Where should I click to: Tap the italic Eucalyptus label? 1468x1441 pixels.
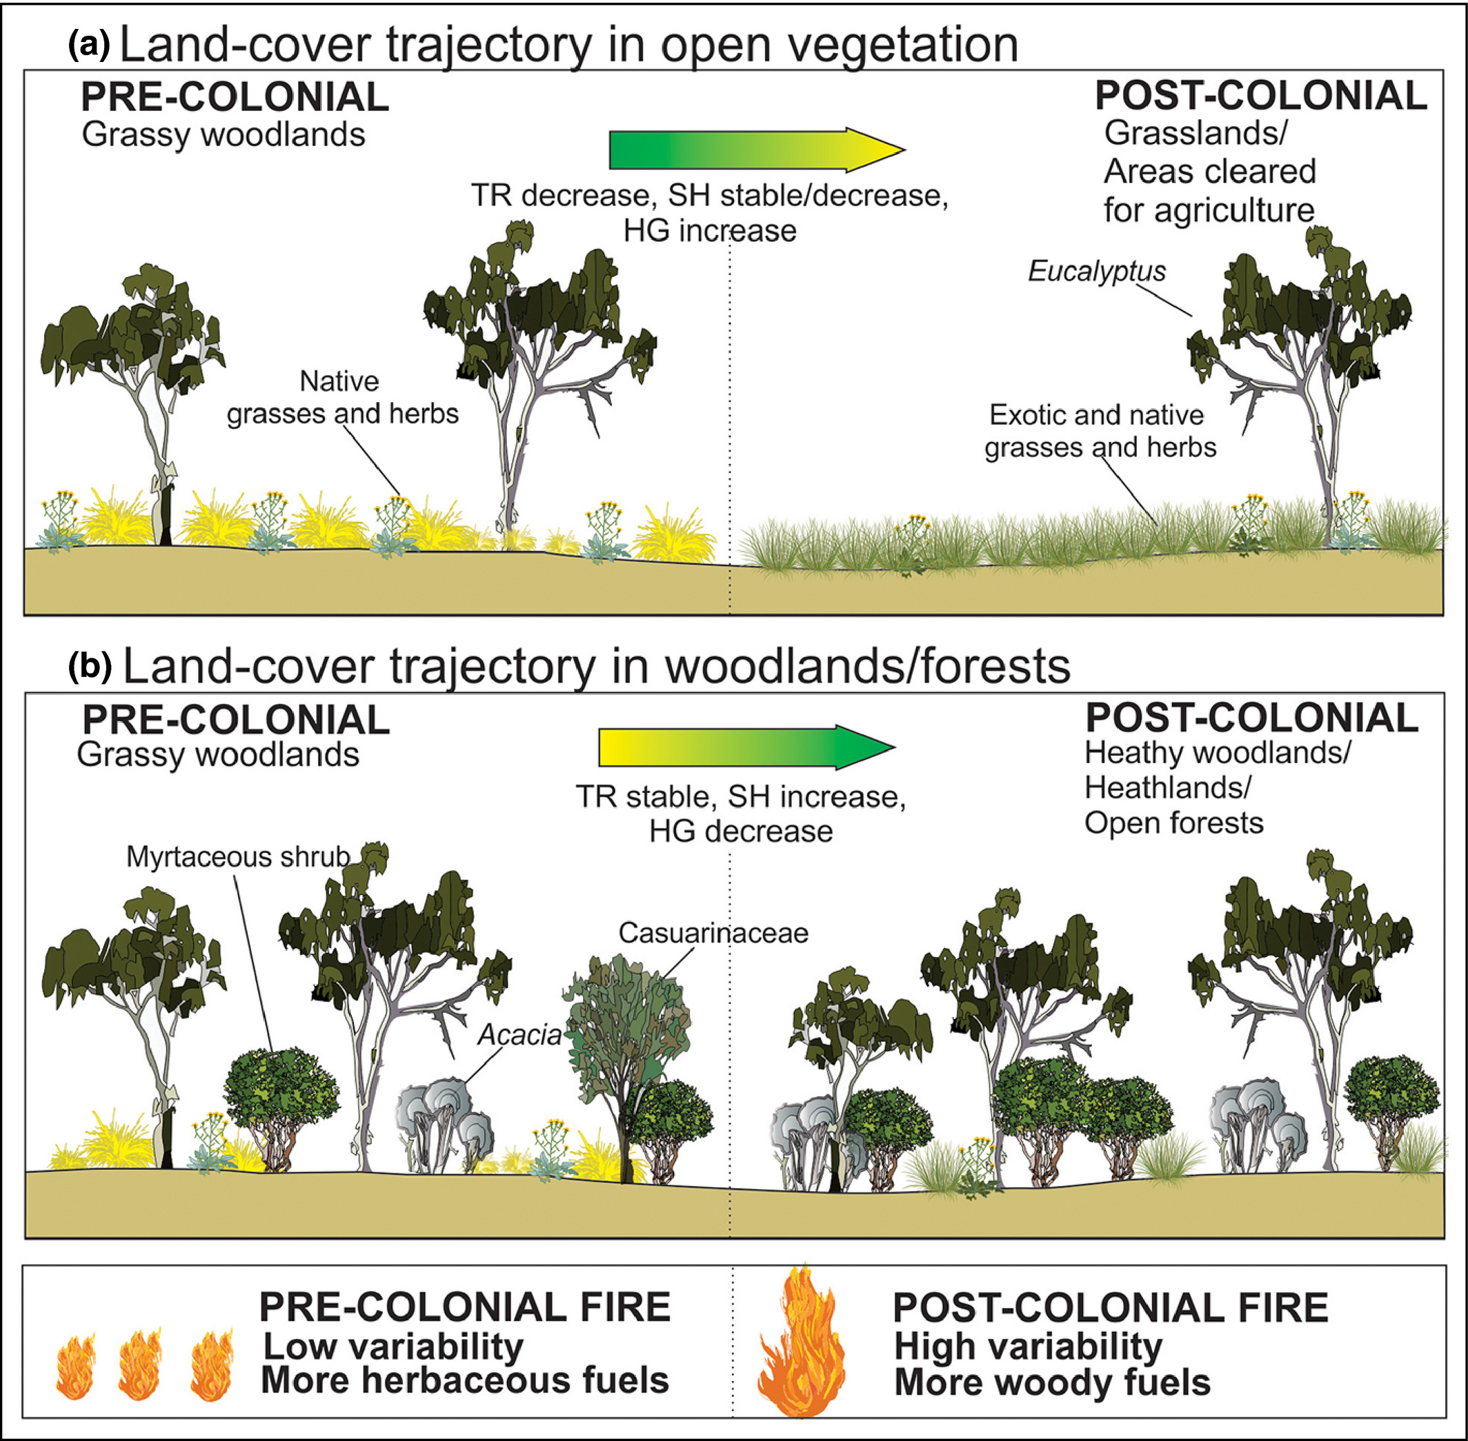coord(1096,271)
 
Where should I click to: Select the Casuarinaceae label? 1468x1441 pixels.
coord(713,932)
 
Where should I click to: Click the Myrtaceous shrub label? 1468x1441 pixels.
coord(238,857)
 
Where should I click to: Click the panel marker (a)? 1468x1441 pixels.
coord(88,47)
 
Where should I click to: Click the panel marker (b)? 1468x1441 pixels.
coord(90,666)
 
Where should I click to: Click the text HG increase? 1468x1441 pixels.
coord(709,231)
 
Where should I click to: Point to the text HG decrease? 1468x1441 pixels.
coord(740,831)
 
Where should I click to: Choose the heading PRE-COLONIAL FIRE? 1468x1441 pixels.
coord(464,1307)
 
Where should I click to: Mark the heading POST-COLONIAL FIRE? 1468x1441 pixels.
coord(1111,1307)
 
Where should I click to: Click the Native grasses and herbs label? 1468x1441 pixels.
coord(342,397)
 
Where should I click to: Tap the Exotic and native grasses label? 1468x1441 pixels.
coord(1100,432)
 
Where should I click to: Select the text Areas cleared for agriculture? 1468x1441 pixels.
coord(1209,191)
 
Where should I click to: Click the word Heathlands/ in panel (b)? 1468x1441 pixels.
coord(1167,788)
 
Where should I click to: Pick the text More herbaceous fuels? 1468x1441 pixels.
coord(464,1380)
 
